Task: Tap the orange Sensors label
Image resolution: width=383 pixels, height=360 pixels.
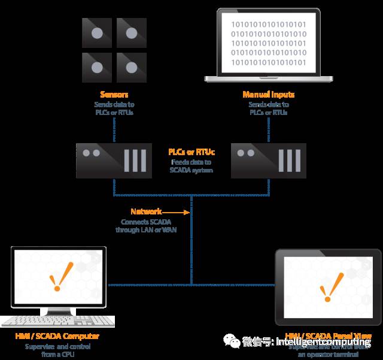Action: click(113, 95)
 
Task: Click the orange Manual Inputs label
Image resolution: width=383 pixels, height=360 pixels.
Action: click(268, 95)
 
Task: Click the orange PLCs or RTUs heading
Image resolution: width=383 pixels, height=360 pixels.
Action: click(191, 152)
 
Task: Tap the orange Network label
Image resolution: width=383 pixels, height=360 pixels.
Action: click(146, 211)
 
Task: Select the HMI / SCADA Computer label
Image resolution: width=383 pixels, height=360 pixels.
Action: click(57, 336)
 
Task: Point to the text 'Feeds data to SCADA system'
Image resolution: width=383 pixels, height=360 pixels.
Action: click(191, 166)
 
